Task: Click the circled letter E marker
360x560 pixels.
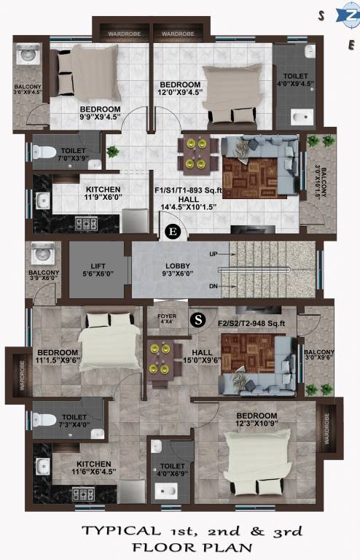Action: [x=172, y=232]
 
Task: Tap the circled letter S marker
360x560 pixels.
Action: [x=197, y=319]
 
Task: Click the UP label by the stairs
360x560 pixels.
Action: [x=214, y=254]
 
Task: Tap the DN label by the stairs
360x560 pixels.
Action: [x=213, y=287]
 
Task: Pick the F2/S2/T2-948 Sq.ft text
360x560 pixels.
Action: [x=252, y=323]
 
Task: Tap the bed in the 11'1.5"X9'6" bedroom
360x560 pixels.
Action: [x=108, y=343]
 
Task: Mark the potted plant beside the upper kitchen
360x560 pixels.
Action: [x=113, y=152]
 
